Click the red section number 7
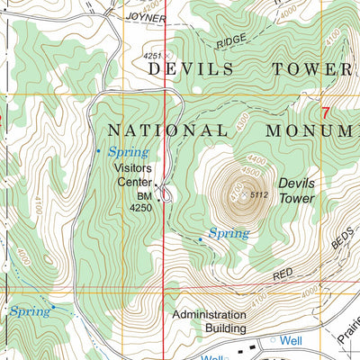click(325, 113)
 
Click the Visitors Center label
click(133, 174)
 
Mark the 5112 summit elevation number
click(260, 195)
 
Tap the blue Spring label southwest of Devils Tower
click(228, 233)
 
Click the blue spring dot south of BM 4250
click(200, 239)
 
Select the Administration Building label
click(209, 322)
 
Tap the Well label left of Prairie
click(291, 341)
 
